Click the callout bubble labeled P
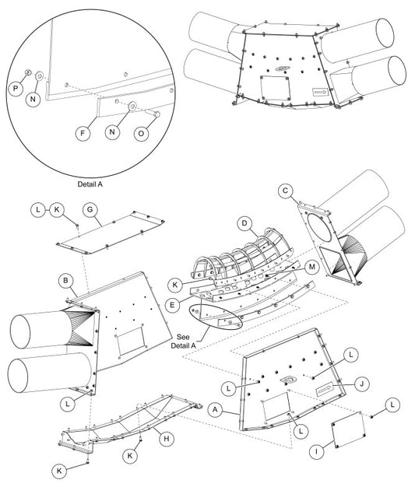tap(16, 89)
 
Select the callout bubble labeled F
tap(83, 133)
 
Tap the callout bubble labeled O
tap(141, 134)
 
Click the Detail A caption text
tap(90, 184)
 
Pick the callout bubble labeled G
tap(90, 209)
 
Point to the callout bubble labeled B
tap(65, 281)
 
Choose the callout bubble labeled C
tap(286, 191)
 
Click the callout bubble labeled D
tap(244, 223)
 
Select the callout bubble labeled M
tap(311, 267)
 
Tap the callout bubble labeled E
tap(173, 305)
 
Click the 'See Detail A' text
tap(184, 341)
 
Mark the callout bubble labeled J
tap(361, 384)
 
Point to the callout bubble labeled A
tap(216, 410)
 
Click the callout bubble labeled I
tap(317, 451)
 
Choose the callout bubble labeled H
tap(167, 439)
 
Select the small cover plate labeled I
tap(349, 430)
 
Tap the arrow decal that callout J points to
tap(325, 389)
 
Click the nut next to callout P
tap(28, 72)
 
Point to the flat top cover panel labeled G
tap(111, 233)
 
